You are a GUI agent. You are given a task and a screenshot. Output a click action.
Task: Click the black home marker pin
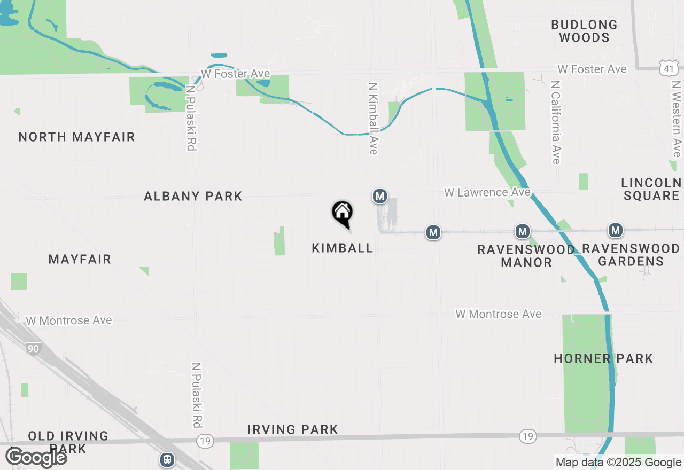342,213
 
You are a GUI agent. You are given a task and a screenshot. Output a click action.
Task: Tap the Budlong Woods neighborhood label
584,31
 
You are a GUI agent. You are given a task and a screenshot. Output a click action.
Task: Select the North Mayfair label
77,137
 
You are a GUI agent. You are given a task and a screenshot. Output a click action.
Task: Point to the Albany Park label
193,197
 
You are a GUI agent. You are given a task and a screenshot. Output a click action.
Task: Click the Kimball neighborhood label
342,248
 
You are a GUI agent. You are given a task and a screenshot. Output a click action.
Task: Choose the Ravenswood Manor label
526,256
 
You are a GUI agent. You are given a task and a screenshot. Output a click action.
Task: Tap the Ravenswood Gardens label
631,255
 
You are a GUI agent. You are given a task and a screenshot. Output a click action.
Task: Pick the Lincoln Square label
651,189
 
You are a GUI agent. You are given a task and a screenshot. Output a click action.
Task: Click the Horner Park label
603,358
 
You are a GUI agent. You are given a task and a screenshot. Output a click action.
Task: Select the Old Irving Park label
68,442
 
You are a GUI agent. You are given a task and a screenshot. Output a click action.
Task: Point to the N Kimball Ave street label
373,118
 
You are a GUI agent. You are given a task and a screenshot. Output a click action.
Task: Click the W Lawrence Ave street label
487,192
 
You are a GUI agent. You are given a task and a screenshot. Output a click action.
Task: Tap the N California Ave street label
556,122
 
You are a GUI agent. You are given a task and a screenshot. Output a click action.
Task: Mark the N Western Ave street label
677,119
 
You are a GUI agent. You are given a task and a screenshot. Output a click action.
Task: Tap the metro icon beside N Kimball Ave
380,197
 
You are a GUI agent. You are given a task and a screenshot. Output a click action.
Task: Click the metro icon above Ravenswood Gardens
616,231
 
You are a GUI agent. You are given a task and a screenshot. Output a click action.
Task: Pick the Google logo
36,457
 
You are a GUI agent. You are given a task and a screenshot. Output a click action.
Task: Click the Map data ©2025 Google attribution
618,463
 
